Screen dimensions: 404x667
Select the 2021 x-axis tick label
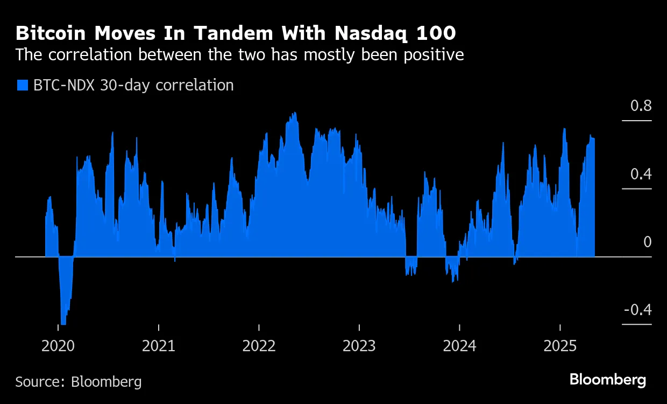159,345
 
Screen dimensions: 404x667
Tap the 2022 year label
259,345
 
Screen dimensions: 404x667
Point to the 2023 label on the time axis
359,345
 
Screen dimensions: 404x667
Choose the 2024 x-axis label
459,345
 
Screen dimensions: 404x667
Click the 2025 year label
560,345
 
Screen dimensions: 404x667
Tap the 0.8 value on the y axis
640,106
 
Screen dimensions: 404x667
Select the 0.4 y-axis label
640,174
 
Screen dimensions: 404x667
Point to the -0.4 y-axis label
637,310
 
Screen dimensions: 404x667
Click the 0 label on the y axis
647,242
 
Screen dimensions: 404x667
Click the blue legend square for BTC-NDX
22,85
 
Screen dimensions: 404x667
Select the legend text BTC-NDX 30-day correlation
133,85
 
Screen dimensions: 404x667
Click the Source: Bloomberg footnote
79,382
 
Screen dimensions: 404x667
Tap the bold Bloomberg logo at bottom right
608,379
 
